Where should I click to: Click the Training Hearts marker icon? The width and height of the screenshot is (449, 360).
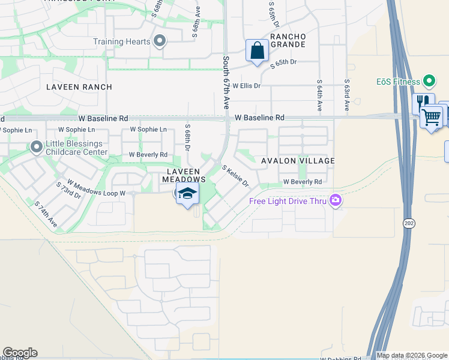[160, 41]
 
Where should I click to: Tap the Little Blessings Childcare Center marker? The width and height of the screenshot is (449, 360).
[37, 146]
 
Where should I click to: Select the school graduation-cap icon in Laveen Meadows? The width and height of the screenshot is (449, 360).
[187, 194]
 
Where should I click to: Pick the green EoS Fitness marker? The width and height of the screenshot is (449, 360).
[429, 80]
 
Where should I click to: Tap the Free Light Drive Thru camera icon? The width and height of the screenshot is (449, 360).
[335, 200]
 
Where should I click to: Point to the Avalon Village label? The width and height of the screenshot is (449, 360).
[298, 161]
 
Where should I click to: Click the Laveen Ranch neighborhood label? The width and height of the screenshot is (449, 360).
[79, 87]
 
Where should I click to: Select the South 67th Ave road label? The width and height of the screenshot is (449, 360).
[226, 83]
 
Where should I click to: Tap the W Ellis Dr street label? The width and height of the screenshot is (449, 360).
[247, 86]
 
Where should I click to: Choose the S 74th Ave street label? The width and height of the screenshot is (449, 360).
[46, 214]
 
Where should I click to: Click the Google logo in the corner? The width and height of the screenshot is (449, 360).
[20, 353]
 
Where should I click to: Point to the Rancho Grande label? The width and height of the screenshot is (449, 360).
[288, 41]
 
